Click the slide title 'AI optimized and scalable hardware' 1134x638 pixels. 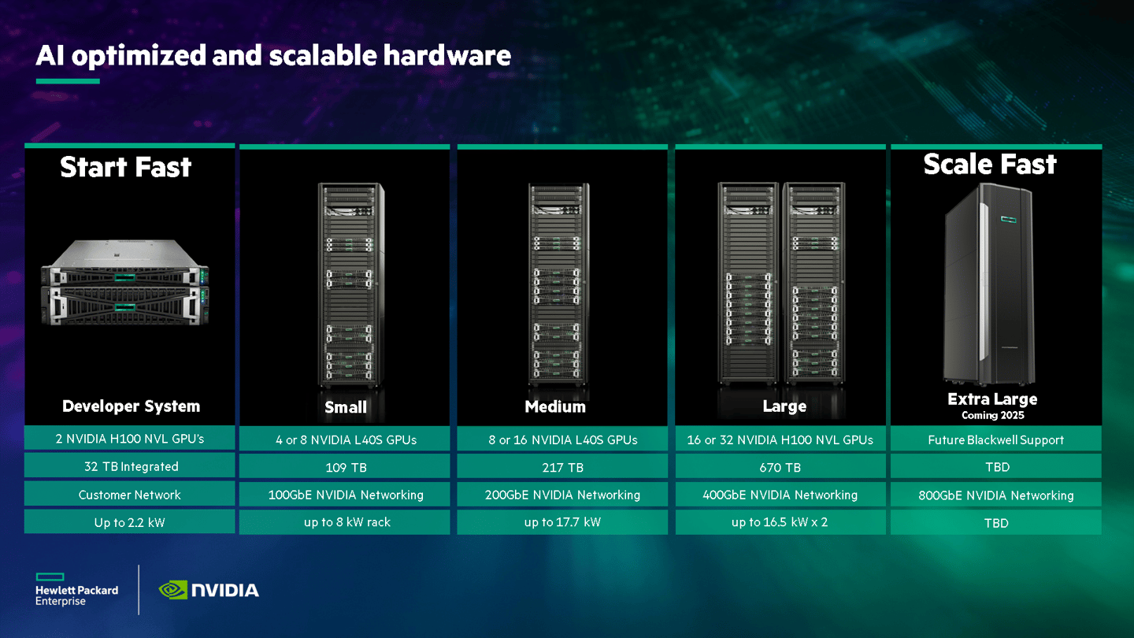[273, 55]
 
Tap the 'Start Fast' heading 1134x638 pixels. [126, 167]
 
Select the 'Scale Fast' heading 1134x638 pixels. [990, 164]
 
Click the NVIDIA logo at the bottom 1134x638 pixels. [209, 589]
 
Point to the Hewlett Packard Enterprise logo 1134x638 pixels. [76, 589]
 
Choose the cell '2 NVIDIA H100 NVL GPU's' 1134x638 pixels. [130, 439]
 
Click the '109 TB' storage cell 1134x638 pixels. [346, 467]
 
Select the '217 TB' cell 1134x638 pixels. [563, 467]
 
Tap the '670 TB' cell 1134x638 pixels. [780, 467]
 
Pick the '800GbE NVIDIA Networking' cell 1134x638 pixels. [996, 495]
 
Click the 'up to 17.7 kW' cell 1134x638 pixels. [562, 522]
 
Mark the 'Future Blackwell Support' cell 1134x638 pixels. [996, 440]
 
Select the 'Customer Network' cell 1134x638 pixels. [130, 495]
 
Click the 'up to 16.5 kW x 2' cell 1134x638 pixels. [780, 522]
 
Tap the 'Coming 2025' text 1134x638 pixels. [992, 415]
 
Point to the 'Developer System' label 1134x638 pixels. [131, 406]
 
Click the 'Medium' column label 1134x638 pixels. [555, 406]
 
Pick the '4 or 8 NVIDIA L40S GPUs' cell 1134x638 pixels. [346, 440]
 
